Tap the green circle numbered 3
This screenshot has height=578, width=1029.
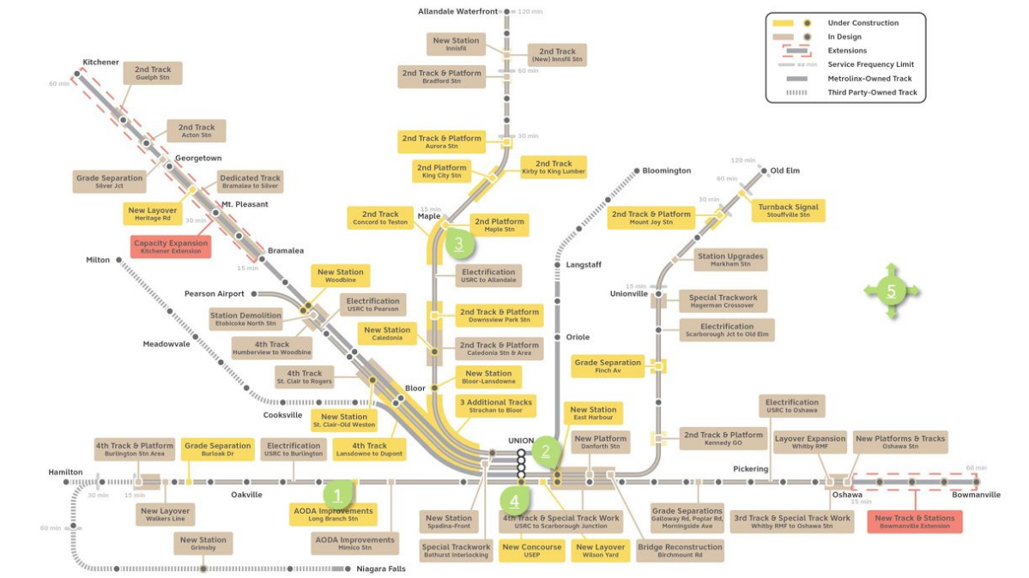point(459,244)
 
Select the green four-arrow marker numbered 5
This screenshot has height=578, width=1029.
point(891,292)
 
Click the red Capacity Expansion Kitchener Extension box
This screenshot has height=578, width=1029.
point(171,247)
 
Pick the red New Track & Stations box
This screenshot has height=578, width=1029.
point(915,521)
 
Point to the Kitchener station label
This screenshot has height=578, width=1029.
point(100,62)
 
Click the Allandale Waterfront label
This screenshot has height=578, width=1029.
point(457,11)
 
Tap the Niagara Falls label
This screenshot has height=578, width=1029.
point(381,569)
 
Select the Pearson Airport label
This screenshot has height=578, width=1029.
point(214,293)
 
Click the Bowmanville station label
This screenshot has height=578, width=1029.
point(974,495)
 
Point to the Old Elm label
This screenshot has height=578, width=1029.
point(784,171)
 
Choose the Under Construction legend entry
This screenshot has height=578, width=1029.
point(862,23)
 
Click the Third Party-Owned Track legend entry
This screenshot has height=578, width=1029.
point(872,93)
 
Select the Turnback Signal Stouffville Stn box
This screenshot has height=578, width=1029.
point(787,211)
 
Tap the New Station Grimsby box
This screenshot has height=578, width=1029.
point(203,545)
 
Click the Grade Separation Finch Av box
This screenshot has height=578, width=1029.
point(608,367)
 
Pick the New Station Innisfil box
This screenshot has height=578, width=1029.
point(456,45)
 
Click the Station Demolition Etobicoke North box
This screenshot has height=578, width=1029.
point(245,320)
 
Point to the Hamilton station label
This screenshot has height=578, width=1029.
point(66,472)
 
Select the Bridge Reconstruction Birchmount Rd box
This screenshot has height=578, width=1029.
point(680,550)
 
